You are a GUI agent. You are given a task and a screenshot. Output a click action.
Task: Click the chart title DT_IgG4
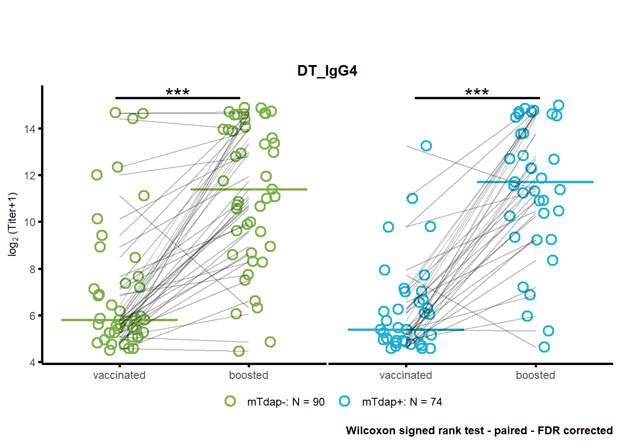(327, 71)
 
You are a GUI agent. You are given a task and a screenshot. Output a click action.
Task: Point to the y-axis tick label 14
(30, 129)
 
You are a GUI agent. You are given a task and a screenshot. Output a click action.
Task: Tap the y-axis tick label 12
(30, 175)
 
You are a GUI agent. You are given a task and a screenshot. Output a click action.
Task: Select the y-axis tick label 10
(30, 222)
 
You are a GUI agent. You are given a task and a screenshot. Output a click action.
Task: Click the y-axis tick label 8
(33, 269)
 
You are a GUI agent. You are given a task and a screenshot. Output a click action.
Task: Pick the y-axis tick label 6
(33, 316)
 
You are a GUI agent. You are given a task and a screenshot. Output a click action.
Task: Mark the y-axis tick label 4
(33, 362)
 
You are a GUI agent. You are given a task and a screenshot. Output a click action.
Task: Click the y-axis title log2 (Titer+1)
(13, 224)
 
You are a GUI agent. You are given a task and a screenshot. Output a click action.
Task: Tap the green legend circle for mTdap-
(230, 401)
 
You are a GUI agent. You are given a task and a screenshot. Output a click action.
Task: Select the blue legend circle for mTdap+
(345, 401)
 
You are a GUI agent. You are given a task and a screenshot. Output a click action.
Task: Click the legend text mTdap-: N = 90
(286, 402)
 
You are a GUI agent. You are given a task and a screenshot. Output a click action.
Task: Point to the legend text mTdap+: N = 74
(402, 402)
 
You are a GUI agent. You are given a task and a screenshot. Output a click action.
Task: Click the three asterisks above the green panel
(178, 92)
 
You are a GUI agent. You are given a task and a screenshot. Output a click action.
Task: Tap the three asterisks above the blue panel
(477, 92)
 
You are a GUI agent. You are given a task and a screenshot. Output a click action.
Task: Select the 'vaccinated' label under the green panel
(119, 375)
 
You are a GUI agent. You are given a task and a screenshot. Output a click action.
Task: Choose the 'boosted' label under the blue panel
(536, 375)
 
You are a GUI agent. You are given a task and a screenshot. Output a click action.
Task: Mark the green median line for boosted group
(249, 189)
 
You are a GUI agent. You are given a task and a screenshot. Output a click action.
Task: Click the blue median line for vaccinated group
(406, 330)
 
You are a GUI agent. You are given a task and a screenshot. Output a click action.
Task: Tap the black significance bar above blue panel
(477, 98)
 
